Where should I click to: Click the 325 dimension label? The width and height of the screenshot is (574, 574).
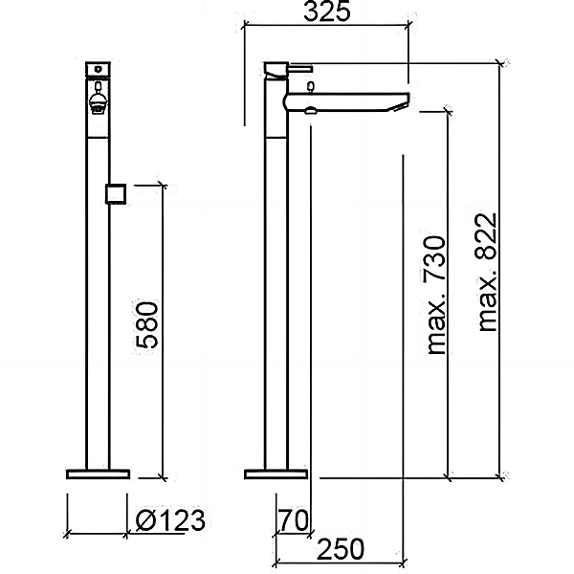click(x=327, y=11)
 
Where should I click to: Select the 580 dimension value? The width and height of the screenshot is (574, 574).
click(x=147, y=324)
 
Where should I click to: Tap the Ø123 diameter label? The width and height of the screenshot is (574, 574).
click(x=170, y=520)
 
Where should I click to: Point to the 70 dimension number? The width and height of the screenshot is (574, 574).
click(x=294, y=520)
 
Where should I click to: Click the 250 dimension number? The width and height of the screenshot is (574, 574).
click(x=341, y=549)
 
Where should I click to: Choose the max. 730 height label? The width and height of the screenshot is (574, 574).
click(x=435, y=296)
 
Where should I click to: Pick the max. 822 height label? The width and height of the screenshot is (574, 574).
click(x=487, y=273)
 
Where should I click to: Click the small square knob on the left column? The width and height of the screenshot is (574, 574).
click(x=116, y=193)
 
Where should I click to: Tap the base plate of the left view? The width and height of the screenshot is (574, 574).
click(x=99, y=475)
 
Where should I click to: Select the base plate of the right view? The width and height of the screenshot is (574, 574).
click(x=276, y=475)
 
